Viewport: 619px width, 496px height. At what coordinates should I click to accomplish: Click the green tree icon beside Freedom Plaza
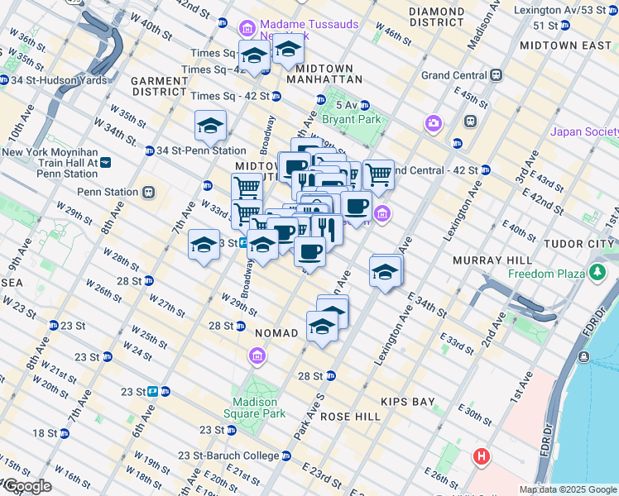pyautogui.click(x=596, y=273)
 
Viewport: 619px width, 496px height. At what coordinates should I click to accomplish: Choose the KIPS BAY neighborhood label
pyautogui.click(x=408, y=402)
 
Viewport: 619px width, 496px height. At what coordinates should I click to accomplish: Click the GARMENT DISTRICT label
pyautogui.click(x=161, y=86)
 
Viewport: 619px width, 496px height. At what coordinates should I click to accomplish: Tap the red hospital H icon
pyautogui.click(x=482, y=455)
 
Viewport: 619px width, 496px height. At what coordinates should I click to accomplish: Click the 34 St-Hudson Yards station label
pyautogui.click(x=46, y=80)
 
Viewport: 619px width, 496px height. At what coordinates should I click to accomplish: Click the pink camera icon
pyautogui.click(x=433, y=124)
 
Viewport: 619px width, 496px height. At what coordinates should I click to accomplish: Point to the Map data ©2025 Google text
pyautogui.click(x=567, y=489)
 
